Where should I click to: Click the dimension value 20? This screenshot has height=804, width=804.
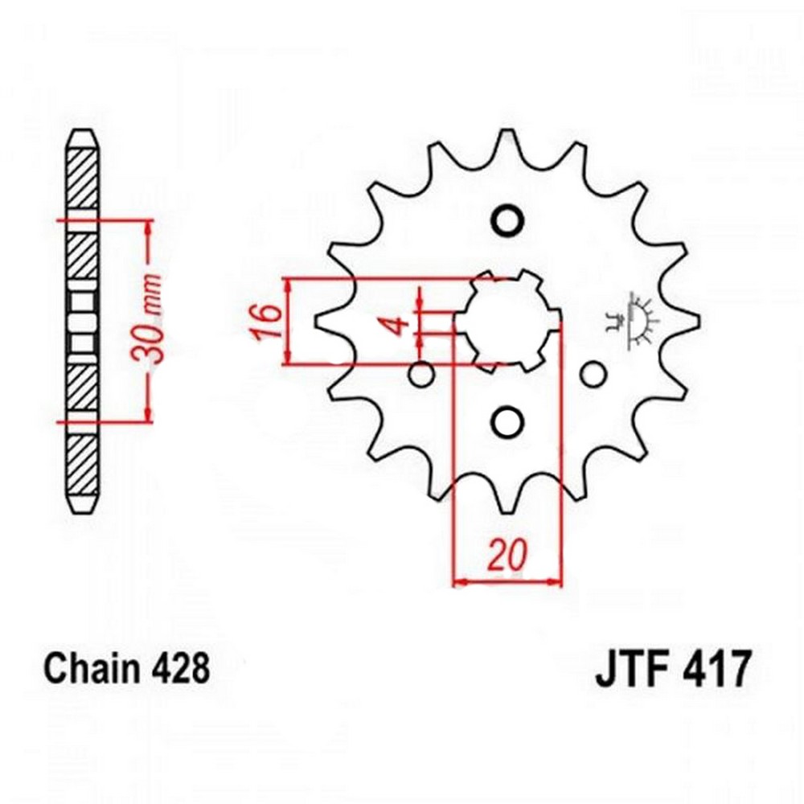(x=507, y=555)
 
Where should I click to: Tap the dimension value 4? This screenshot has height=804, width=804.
(x=400, y=325)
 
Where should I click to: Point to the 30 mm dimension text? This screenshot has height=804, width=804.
(x=150, y=319)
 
